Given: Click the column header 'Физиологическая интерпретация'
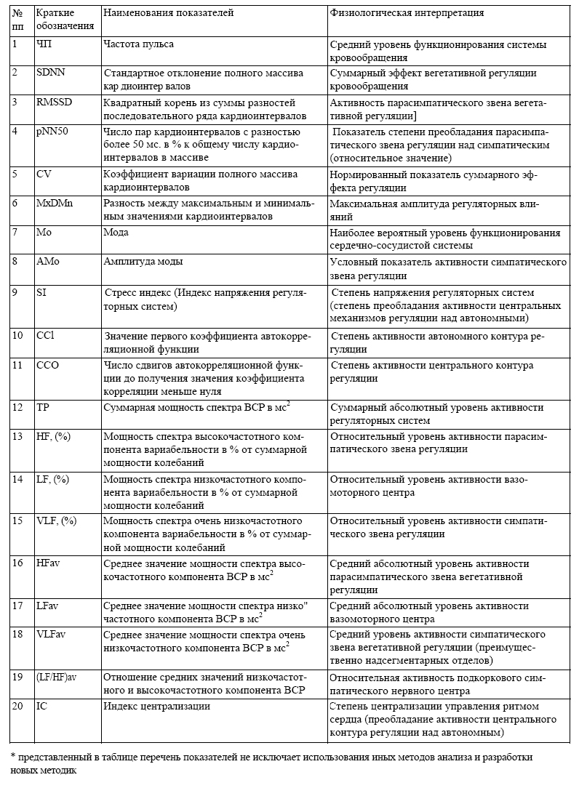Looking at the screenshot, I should tap(407, 14).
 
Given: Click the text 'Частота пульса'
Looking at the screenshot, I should tap(139, 44).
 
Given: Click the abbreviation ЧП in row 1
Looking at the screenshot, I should tap(44, 44).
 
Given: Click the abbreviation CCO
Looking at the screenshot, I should tap(47, 365).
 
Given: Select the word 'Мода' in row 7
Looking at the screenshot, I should tap(116, 233).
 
